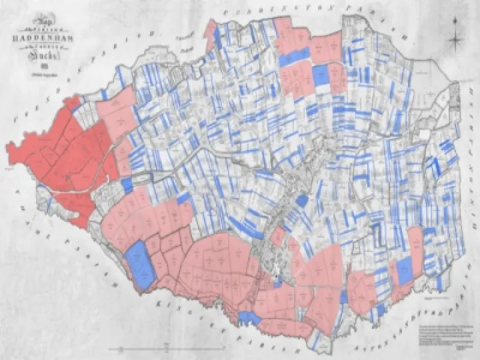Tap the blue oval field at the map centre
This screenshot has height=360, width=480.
coord(301,200)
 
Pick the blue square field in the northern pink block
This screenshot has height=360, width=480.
coord(321,75)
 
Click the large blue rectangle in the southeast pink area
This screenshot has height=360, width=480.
coord(404,270)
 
